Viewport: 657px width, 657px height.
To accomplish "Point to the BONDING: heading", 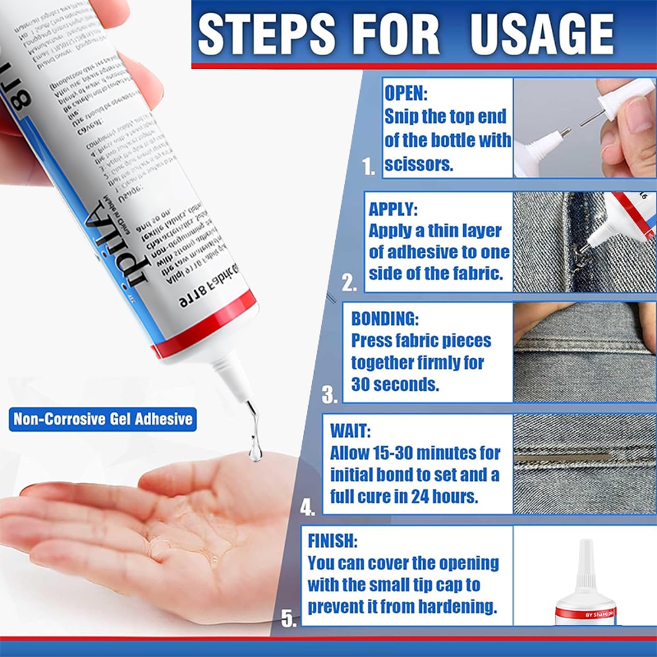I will pos(384,319).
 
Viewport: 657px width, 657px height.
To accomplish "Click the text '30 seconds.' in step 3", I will pos(395,384).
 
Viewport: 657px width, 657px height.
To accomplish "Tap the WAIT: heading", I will pos(350,431).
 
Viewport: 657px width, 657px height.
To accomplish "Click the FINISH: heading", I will pos(332,541).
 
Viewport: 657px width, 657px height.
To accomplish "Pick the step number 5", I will pos(288,618).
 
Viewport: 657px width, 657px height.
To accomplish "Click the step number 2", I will pos(349,283).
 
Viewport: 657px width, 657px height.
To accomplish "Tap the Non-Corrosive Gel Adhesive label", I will pos(103,419).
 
